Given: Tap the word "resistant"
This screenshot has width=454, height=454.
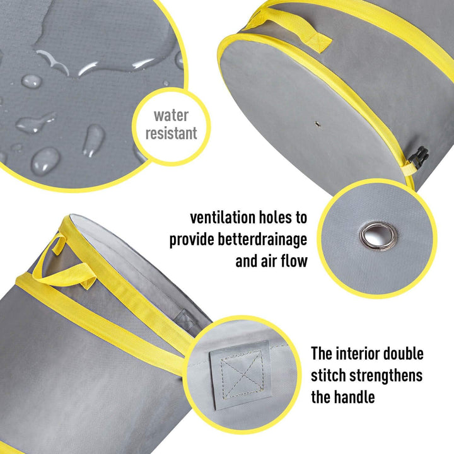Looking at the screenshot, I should click(172, 133).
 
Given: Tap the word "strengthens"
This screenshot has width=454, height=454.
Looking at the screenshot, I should click(390, 375).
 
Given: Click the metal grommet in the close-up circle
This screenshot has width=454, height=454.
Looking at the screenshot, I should click(378, 236).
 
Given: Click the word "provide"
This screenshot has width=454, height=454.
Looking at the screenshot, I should click(192, 240).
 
